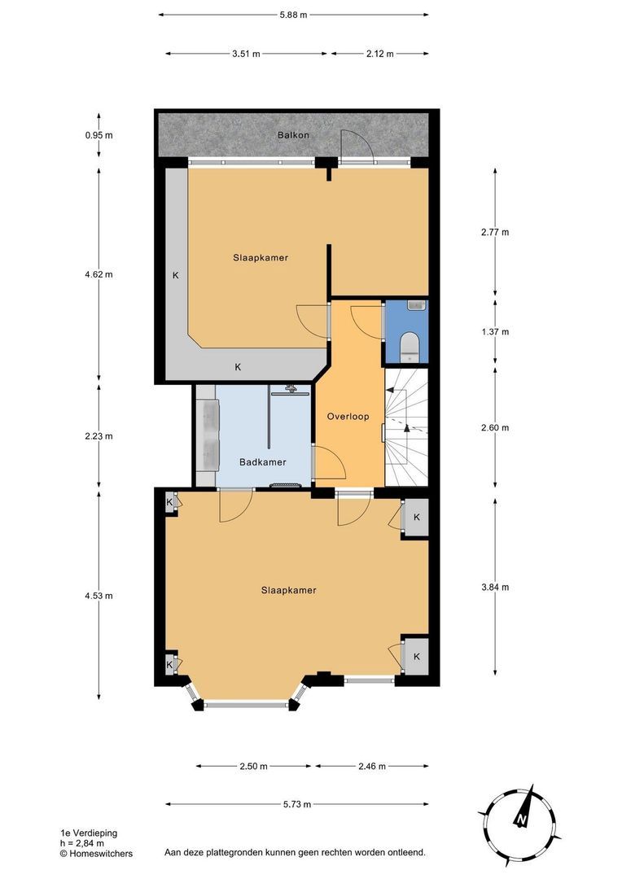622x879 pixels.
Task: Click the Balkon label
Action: (x=293, y=135)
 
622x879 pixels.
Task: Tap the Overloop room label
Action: (x=348, y=417)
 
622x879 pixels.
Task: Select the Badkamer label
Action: (x=262, y=462)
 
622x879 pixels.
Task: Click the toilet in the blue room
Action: (x=410, y=347)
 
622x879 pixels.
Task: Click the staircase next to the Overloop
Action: (x=406, y=427)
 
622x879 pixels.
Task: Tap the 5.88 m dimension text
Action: (x=293, y=15)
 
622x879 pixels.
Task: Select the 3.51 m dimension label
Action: (x=246, y=54)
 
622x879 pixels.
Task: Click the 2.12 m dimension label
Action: (x=379, y=54)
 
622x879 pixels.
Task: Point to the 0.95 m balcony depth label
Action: (x=99, y=135)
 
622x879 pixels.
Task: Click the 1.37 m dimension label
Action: (x=495, y=332)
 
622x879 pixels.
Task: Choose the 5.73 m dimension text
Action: (x=296, y=804)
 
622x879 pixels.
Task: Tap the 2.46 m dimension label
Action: (x=372, y=767)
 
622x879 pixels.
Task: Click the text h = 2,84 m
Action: (x=82, y=843)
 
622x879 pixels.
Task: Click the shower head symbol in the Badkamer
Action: (x=291, y=387)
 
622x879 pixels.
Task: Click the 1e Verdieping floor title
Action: (x=90, y=833)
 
